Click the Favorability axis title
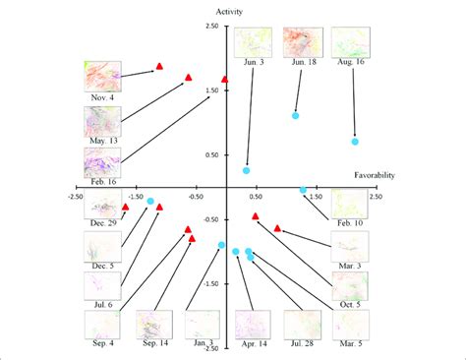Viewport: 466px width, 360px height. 375,175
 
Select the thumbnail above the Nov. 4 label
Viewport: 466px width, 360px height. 103,77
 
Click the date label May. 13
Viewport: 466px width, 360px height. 103,144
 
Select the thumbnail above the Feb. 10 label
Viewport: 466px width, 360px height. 349,205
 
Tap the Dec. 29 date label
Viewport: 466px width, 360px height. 103,224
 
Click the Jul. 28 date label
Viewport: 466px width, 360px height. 302,345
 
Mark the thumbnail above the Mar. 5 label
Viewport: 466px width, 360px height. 350,326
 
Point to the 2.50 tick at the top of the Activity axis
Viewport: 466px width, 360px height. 211,27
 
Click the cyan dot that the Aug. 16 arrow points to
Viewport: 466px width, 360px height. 355,142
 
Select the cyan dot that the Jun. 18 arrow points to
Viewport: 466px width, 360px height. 296,116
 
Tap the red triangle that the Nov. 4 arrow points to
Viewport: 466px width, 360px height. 159,66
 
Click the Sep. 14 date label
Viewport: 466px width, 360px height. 156,344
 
